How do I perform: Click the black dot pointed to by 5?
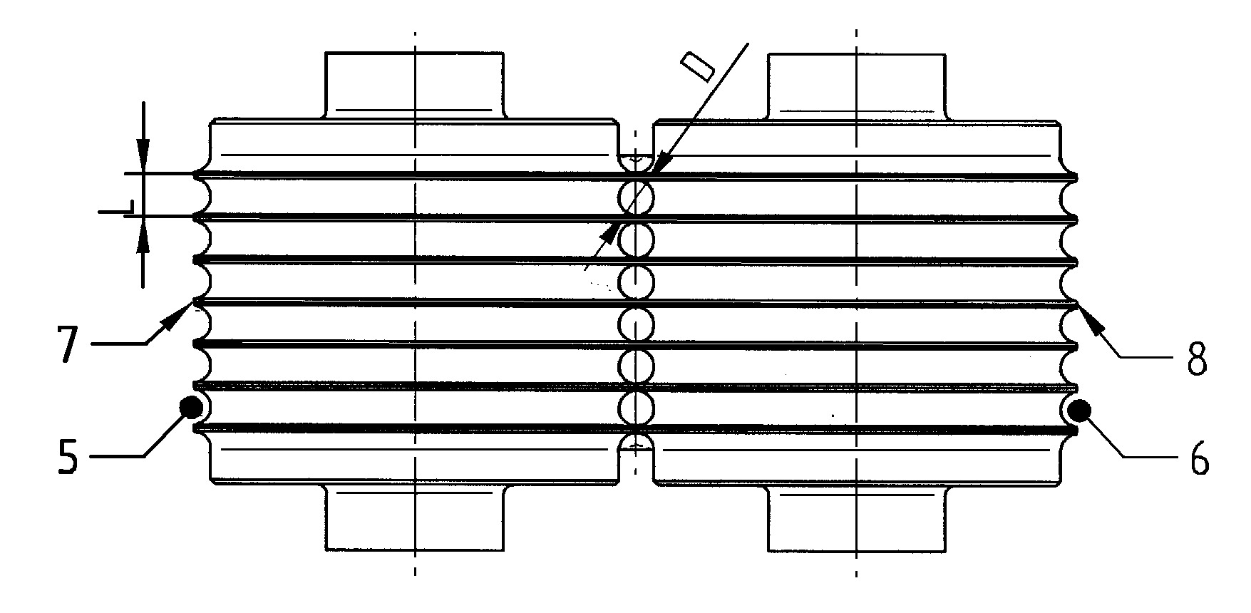point(191,407)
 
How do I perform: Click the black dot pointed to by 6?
point(1079,410)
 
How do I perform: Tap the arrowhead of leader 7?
point(179,316)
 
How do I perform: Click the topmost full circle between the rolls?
point(635,197)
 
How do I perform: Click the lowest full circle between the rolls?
point(635,408)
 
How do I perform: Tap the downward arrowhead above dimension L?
point(143,156)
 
